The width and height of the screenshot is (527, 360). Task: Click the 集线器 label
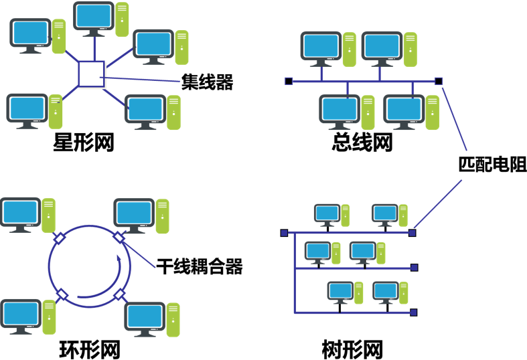[x=206, y=82]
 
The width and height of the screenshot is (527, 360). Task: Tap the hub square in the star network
[x=91, y=74]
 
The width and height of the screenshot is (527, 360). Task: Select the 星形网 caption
[x=83, y=142]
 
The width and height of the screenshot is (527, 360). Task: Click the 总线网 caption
[x=362, y=142]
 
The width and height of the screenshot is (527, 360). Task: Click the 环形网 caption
[x=89, y=349]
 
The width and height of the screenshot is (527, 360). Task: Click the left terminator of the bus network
[x=289, y=82]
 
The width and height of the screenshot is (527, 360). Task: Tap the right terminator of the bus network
[x=439, y=82]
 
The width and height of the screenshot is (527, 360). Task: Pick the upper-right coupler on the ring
[x=119, y=238]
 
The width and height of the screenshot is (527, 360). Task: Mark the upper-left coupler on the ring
[x=59, y=238]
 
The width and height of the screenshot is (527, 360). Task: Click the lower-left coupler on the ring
[x=62, y=294]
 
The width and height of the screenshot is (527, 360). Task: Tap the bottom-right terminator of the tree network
[x=414, y=312]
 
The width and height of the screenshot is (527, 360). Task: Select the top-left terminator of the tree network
[x=284, y=233]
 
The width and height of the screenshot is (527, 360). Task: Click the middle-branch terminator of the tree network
[x=414, y=268]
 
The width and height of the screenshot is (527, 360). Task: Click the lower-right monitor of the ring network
[x=145, y=316]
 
